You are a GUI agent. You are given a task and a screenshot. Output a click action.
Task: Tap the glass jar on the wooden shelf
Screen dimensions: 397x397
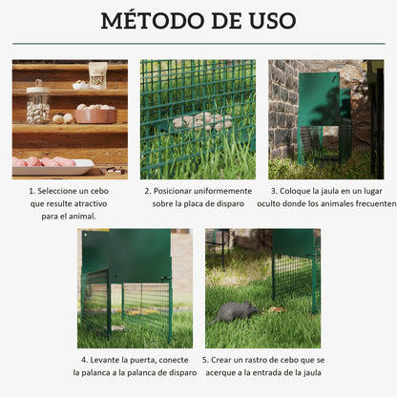coord(37,103)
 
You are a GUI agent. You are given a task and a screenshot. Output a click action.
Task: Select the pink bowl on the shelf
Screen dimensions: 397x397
coord(94,115)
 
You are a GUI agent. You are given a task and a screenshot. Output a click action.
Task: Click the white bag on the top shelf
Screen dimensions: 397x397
coord(97,74)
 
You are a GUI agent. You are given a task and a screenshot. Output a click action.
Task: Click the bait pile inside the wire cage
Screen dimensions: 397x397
coord(201,121)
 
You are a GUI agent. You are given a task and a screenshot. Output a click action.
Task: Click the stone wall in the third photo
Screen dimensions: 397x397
coord(282,105)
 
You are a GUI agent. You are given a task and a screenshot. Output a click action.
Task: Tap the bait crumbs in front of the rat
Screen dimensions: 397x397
coord(275,309)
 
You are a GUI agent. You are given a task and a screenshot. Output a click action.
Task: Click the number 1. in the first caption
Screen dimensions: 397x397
coord(32,191)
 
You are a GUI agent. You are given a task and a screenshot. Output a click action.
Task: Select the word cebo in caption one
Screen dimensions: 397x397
coord(100,191)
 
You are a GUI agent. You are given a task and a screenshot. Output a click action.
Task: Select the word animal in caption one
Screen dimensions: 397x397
coord(85,217)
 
